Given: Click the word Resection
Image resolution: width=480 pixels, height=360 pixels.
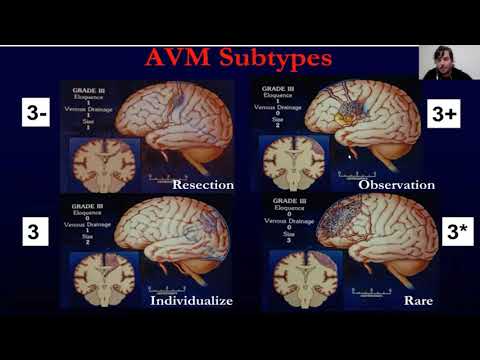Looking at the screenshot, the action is pos(202,185).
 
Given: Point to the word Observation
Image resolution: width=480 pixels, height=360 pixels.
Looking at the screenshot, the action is pos(397,185).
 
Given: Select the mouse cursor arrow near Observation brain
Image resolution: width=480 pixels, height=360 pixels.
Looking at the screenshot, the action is pos(349,156).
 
